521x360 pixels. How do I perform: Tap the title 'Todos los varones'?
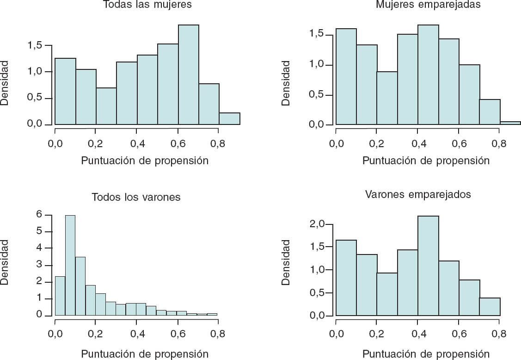[136, 198]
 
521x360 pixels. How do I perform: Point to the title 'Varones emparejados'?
[418, 194]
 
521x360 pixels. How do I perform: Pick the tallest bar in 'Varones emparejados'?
[428, 266]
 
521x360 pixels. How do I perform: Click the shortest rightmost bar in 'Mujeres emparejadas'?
[510, 123]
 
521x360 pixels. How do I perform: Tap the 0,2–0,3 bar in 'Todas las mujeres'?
[106, 106]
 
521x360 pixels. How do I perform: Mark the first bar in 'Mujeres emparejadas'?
[346, 77]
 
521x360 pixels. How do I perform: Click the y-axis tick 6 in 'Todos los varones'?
[39, 215]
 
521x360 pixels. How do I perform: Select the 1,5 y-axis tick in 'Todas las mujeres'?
[36, 46]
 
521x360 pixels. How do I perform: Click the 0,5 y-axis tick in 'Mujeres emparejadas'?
[318, 95]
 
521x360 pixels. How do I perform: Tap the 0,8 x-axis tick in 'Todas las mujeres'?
[219, 143]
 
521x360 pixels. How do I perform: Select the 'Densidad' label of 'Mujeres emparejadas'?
[286, 83]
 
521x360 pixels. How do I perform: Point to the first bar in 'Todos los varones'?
[60, 296]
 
